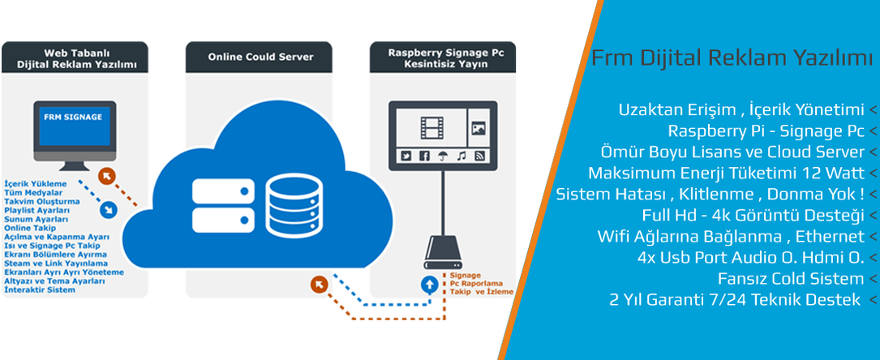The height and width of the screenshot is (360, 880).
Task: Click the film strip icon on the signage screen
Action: pos(432,126)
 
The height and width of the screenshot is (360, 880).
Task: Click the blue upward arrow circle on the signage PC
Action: pos(427,285)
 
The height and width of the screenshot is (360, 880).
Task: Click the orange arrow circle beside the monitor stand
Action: pos(106,176)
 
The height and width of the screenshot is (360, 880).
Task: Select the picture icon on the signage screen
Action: pos(478,127)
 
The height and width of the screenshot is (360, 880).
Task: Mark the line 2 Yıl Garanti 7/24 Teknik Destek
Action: pos(736,300)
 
